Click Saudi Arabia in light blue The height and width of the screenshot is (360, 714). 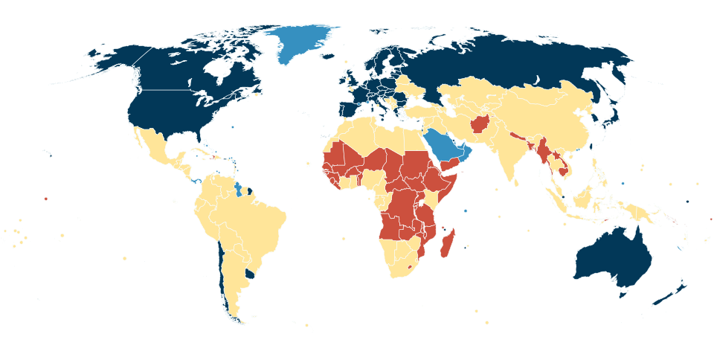[x=445, y=145]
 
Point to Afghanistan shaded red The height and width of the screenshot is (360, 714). [x=480, y=123]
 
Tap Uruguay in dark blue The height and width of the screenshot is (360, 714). [x=251, y=274]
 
